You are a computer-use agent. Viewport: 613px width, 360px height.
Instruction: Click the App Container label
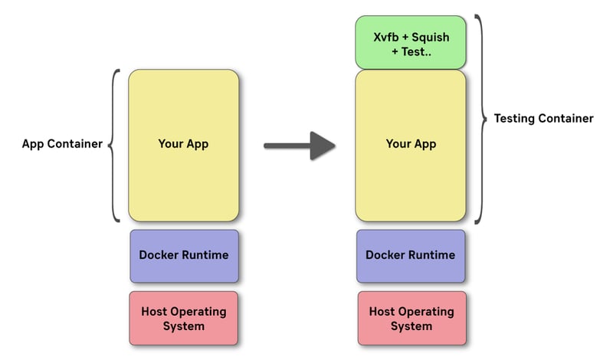pos(62,144)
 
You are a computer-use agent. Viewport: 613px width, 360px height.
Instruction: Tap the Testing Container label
pos(543,119)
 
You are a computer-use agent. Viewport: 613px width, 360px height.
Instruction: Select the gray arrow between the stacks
pos(300,144)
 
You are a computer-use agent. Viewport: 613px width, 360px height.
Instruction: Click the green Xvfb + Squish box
pos(410,43)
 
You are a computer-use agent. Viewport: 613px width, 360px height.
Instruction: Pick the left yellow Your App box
pos(183,145)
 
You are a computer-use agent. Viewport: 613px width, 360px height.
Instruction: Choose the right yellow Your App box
pos(410,145)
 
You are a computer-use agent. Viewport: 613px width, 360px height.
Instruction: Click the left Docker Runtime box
pos(184,255)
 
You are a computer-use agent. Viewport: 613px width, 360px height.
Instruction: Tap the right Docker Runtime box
pos(411,255)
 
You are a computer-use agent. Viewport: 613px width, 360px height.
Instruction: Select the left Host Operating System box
pos(184,319)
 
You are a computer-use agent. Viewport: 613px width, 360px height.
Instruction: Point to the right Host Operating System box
pos(411,319)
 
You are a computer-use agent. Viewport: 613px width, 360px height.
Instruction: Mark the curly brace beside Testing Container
pos(480,119)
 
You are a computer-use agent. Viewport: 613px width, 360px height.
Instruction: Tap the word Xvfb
pos(386,36)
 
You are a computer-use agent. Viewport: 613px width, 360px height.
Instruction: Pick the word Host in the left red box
pos(156,312)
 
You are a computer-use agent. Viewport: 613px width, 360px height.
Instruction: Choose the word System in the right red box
pos(411,326)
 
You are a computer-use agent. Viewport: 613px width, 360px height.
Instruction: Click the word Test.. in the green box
pos(415,51)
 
